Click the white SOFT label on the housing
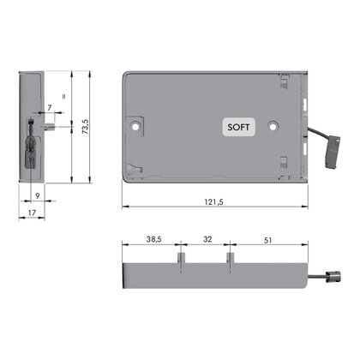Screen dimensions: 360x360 239,126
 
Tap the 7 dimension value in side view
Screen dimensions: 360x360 50,106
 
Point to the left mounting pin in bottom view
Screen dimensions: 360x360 179,258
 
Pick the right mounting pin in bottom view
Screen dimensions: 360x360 230,258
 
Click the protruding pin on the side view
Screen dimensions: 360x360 55,126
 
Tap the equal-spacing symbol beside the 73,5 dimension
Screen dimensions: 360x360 63,97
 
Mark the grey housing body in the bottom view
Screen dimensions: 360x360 214,276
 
